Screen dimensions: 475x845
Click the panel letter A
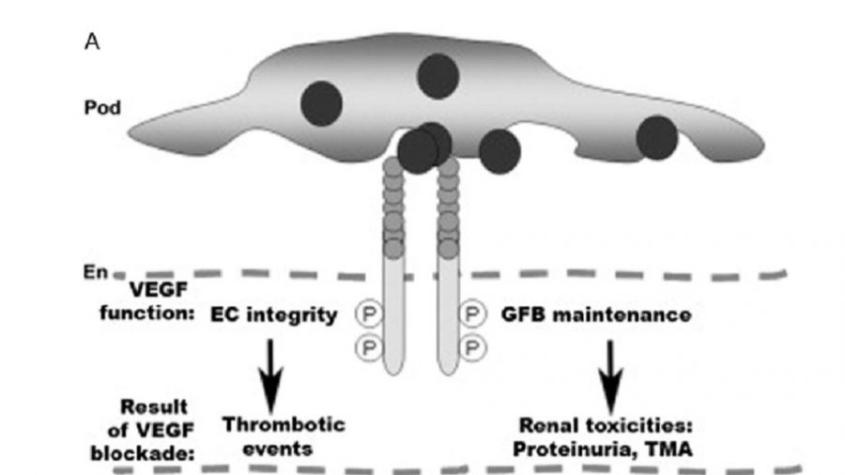click(93, 43)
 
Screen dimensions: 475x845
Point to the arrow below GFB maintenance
click(610, 369)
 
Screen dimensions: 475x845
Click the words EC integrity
click(271, 316)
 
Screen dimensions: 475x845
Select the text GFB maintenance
click(596, 316)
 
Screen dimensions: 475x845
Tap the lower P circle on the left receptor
click(365, 348)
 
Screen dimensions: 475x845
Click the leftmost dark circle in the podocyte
click(322, 103)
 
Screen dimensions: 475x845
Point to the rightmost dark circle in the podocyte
click(657, 138)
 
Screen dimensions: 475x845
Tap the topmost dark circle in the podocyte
click(438, 76)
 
